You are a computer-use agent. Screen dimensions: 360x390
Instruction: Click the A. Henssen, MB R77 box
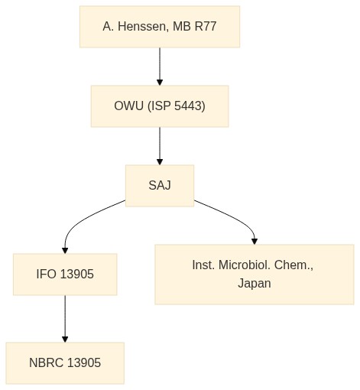tap(160, 27)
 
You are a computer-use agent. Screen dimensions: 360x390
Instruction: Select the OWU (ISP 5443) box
tap(160, 106)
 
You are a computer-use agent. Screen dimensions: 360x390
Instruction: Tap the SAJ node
tap(160, 186)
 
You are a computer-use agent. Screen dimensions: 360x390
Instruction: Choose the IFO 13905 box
tap(65, 275)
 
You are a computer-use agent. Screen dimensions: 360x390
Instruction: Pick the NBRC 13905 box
tap(65, 363)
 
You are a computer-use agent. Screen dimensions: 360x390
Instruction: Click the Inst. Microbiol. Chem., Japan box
tap(255, 275)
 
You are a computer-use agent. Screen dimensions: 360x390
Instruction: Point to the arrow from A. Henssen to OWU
tap(160, 67)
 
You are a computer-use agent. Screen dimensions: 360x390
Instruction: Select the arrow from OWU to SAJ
tap(160, 146)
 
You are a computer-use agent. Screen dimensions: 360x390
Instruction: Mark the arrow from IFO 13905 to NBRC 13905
tap(65, 319)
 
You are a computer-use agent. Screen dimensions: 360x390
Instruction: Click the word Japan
tap(255, 284)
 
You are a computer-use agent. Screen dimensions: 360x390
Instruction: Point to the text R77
tap(206, 27)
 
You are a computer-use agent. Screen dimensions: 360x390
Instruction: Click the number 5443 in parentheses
tap(188, 106)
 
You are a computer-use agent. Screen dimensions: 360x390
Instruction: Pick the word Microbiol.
tap(245, 265)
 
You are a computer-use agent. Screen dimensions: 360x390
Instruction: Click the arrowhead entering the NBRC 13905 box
tap(65, 340)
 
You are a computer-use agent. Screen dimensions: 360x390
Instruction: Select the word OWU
tap(128, 106)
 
